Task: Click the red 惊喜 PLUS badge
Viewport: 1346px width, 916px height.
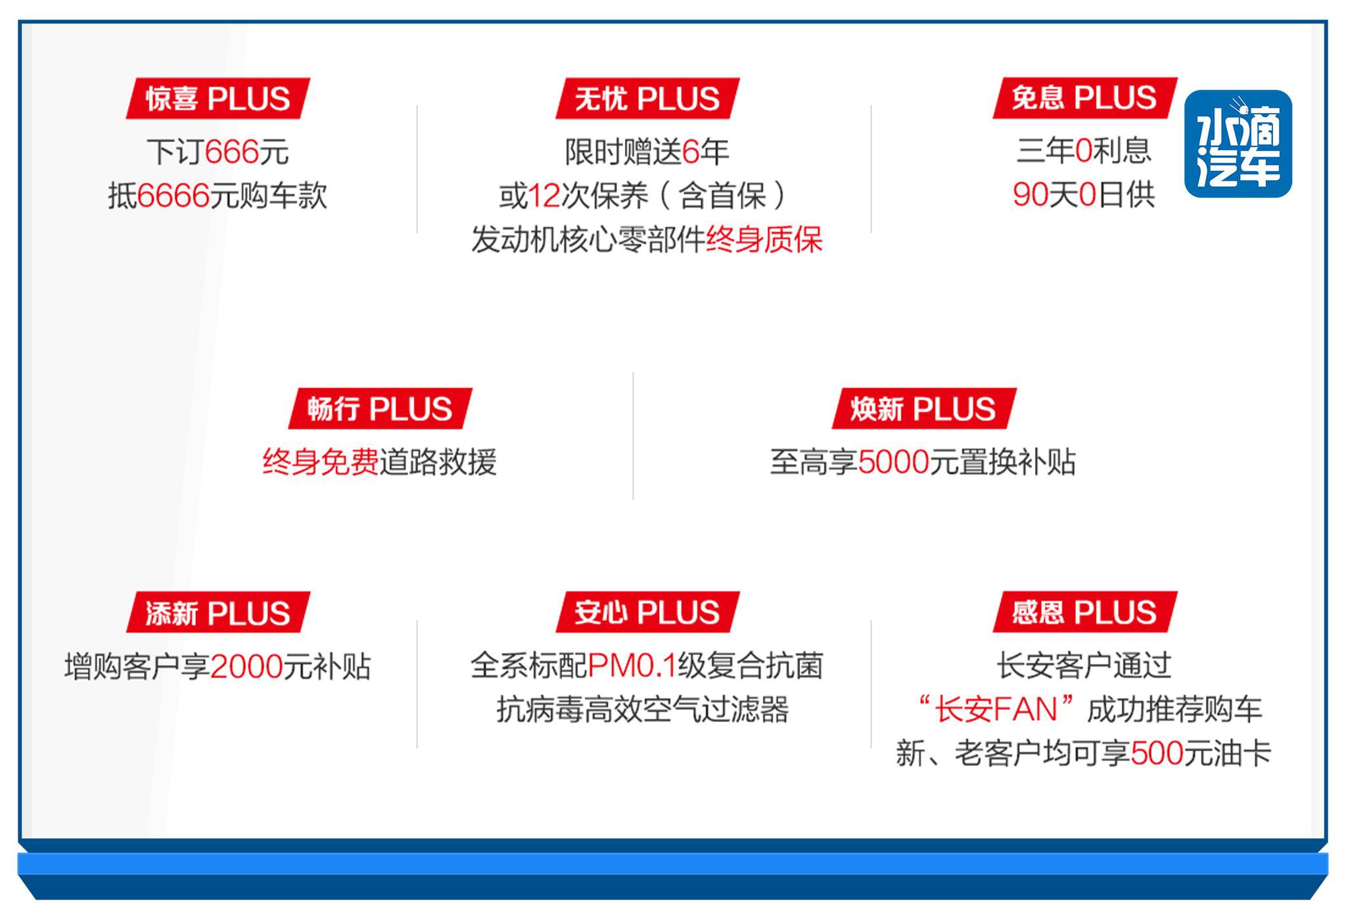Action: pos(218,99)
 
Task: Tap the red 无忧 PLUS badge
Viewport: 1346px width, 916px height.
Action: pos(647,99)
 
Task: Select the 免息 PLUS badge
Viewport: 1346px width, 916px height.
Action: pos(1084,98)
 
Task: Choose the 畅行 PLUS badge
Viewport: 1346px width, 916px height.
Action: pos(380,408)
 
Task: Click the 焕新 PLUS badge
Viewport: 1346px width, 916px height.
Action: pos(923,408)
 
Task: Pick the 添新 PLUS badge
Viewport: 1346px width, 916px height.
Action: pos(218,612)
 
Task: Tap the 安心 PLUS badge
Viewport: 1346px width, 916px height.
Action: pos(647,612)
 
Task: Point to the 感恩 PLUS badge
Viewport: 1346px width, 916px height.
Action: pos(1084,612)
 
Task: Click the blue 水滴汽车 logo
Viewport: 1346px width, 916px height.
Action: pos(1238,144)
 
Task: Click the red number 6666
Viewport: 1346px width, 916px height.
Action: pos(174,196)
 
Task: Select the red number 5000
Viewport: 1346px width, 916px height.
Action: pos(893,462)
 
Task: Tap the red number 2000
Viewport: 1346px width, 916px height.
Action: pos(246,667)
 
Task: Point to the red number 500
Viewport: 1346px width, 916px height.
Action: pos(1157,754)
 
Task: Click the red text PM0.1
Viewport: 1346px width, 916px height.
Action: pos(632,666)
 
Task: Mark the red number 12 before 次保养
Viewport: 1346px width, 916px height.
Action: pos(544,196)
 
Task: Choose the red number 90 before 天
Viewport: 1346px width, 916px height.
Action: pos(1030,195)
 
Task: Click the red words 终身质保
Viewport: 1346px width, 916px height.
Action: pos(764,239)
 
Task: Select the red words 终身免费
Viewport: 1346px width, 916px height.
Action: pos(320,462)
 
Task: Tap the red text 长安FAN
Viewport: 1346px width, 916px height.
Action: pos(996,710)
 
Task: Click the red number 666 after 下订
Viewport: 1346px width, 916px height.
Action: pos(232,153)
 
